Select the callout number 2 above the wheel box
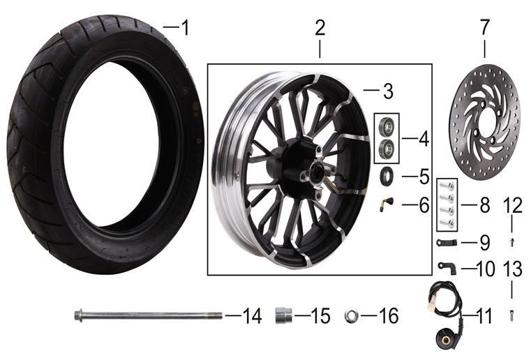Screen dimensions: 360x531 (x=320, y=29)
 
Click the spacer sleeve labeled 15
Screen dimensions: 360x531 (x=285, y=315)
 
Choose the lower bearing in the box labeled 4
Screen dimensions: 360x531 (x=386, y=148)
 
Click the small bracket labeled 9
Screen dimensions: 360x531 (x=448, y=242)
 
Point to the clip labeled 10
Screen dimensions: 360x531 (x=447, y=267)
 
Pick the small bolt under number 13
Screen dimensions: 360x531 (x=512, y=315)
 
